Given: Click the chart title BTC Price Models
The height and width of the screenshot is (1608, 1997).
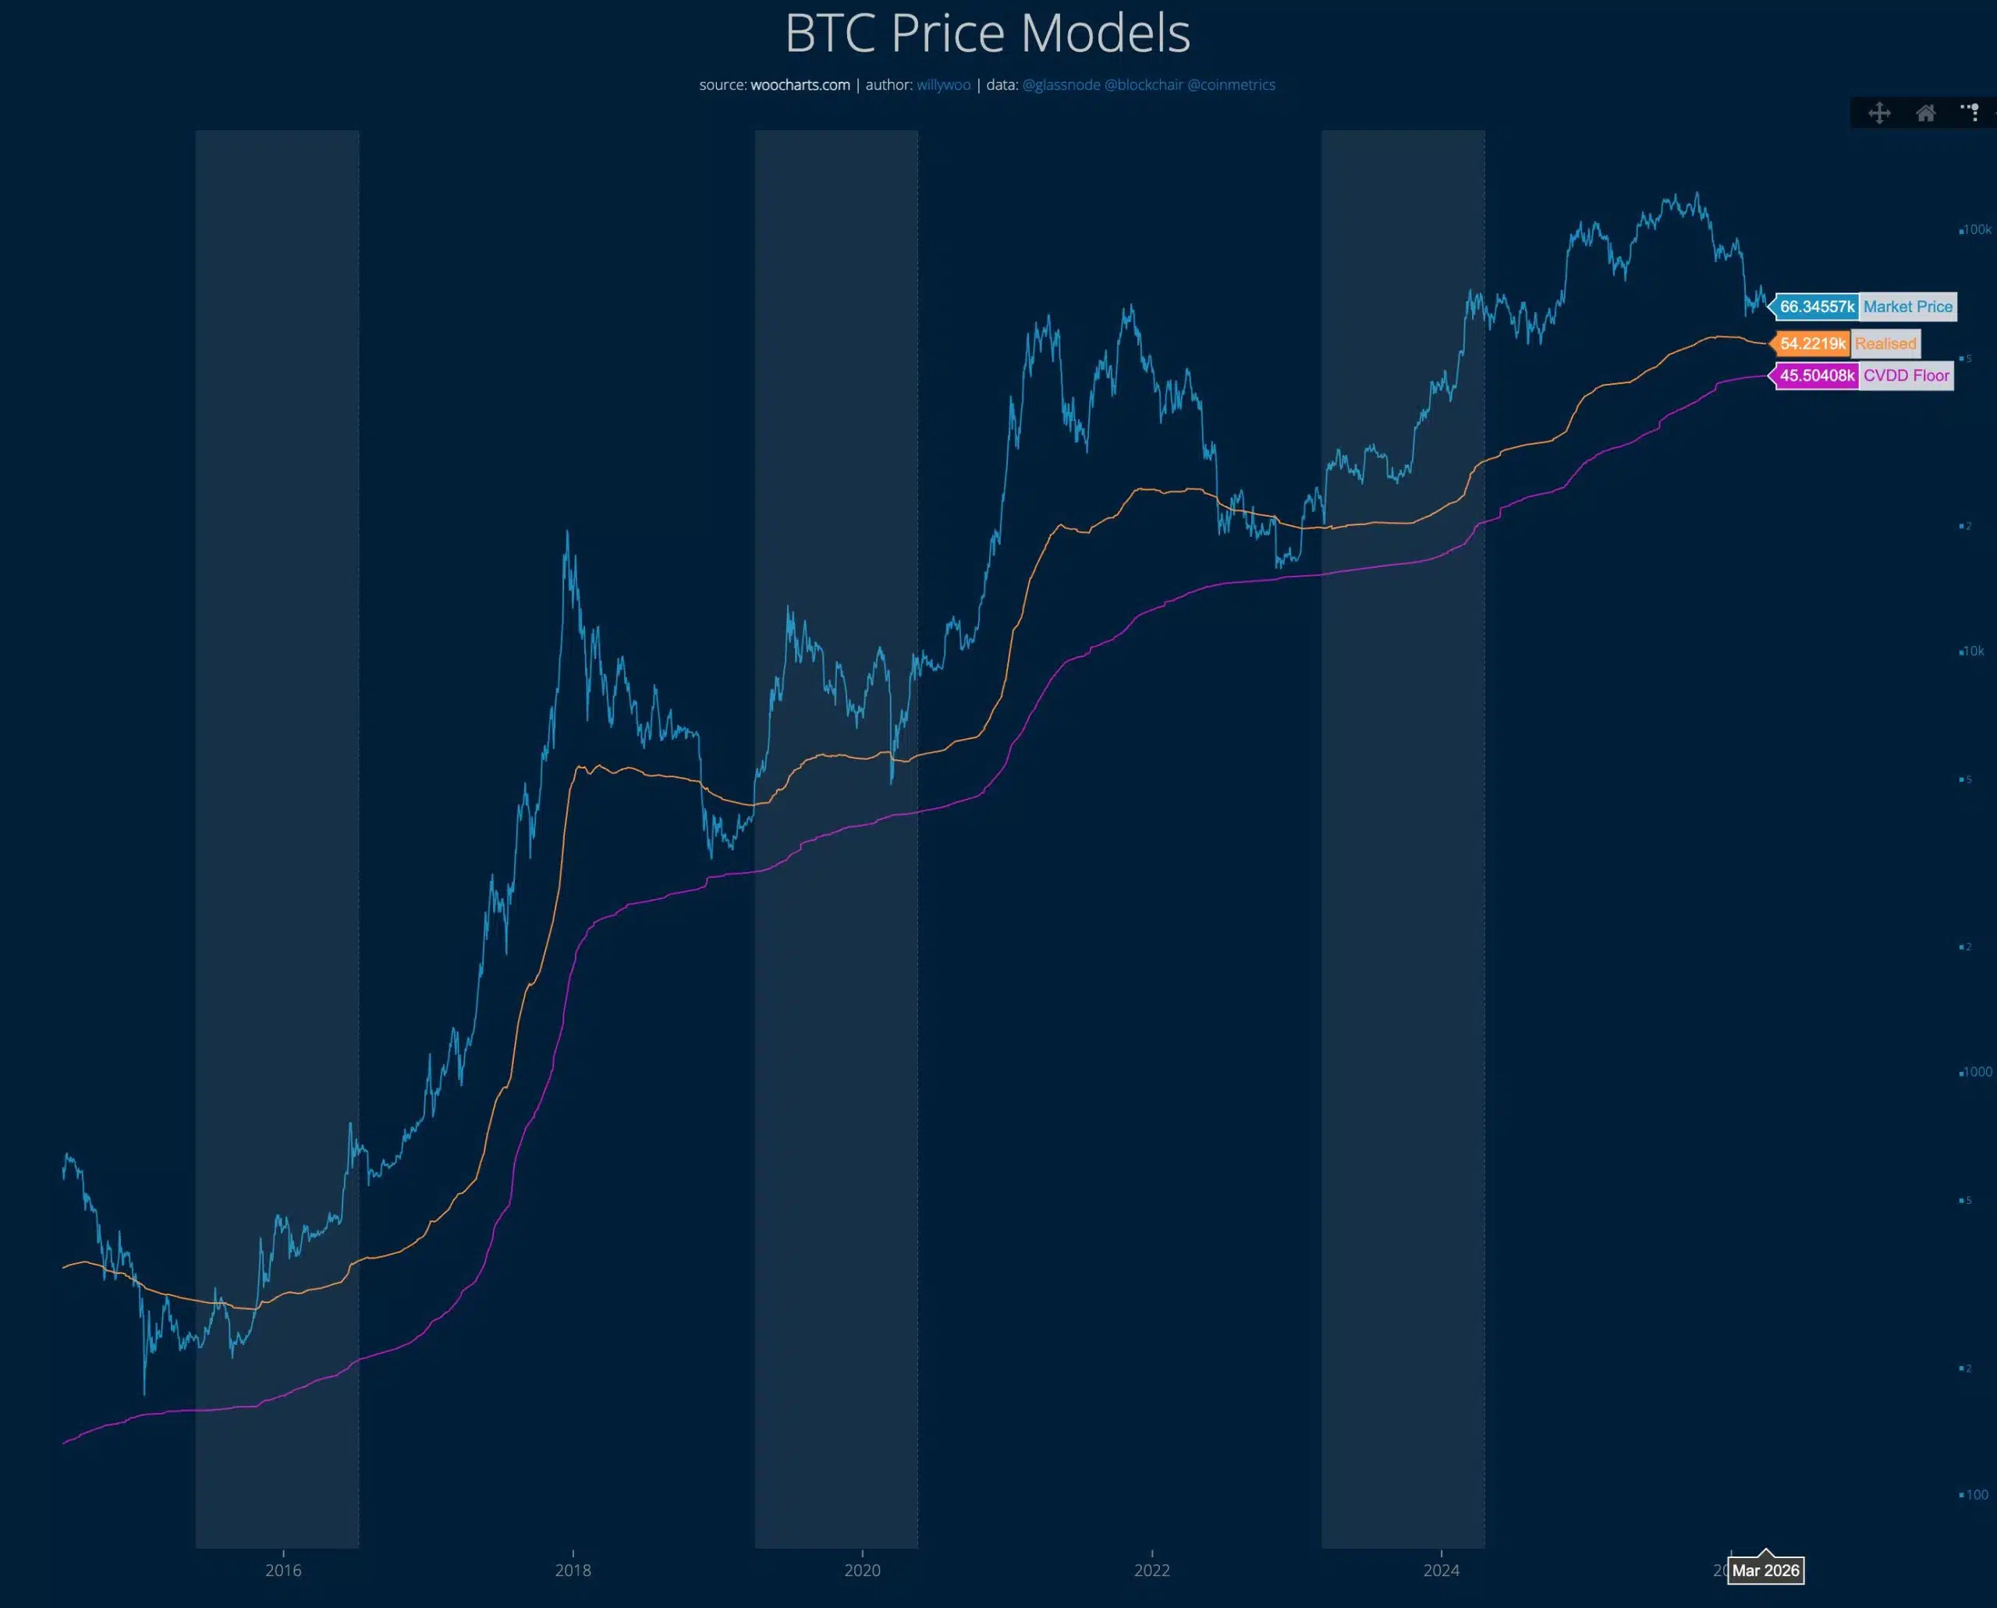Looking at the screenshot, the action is tap(988, 34).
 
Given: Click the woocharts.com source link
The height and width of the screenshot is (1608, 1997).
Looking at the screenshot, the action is tap(800, 85).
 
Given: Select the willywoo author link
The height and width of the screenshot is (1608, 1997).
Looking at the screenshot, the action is tap(943, 85).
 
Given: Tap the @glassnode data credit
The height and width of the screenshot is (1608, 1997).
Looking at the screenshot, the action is tap(1061, 85).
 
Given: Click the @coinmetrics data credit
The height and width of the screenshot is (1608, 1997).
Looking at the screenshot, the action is tap(1231, 85).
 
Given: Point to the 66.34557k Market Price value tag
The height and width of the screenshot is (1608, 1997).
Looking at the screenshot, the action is tap(1816, 307).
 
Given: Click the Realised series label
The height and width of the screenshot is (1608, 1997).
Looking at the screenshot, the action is tap(1885, 343).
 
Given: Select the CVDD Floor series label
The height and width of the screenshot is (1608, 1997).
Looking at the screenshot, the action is tap(1907, 376).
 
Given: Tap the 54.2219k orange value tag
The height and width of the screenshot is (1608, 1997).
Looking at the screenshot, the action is tap(1812, 343).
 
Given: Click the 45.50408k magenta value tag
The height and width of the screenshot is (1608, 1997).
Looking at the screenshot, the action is tap(1816, 376).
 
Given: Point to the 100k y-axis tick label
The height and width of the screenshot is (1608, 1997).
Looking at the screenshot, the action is tap(1977, 229).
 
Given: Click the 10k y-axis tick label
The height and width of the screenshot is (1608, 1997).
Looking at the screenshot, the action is tap(1973, 651).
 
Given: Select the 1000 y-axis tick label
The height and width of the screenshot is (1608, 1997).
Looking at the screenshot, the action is tap(1977, 1072).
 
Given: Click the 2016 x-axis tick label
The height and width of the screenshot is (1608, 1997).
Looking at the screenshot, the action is tap(283, 1570).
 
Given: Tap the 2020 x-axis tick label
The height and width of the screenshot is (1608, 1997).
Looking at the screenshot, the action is tap(862, 1570).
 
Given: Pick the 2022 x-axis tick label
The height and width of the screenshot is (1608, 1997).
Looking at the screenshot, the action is tap(1151, 1570).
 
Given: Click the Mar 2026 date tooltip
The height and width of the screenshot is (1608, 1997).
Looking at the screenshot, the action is tap(1765, 1570).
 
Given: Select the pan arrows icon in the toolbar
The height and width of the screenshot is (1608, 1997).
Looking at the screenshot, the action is tap(1879, 113).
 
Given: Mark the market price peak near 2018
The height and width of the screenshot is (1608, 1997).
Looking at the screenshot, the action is tap(567, 534).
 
